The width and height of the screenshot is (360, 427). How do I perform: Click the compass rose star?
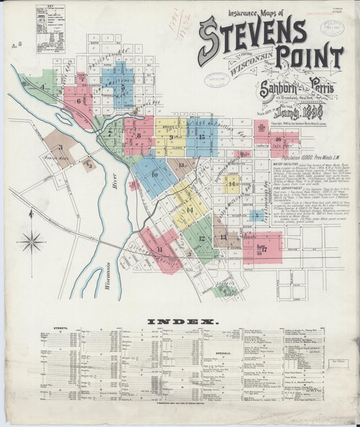pyautogui.click(x=31, y=241)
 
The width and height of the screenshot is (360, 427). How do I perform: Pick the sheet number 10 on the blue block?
pyautogui.click(x=155, y=174)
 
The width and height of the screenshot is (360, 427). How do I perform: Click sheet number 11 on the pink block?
pyautogui.click(x=159, y=250)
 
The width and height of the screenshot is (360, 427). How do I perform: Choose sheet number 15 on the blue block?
pyautogui.click(x=202, y=137)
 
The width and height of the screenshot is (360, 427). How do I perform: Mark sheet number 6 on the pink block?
pyautogui.click(x=79, y=102)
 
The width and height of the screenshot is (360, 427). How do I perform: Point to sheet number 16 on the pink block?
pyautogui.click(x=278, y=140)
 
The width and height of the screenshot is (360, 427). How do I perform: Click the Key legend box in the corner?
pyautogui.click(x=50, y=38)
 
